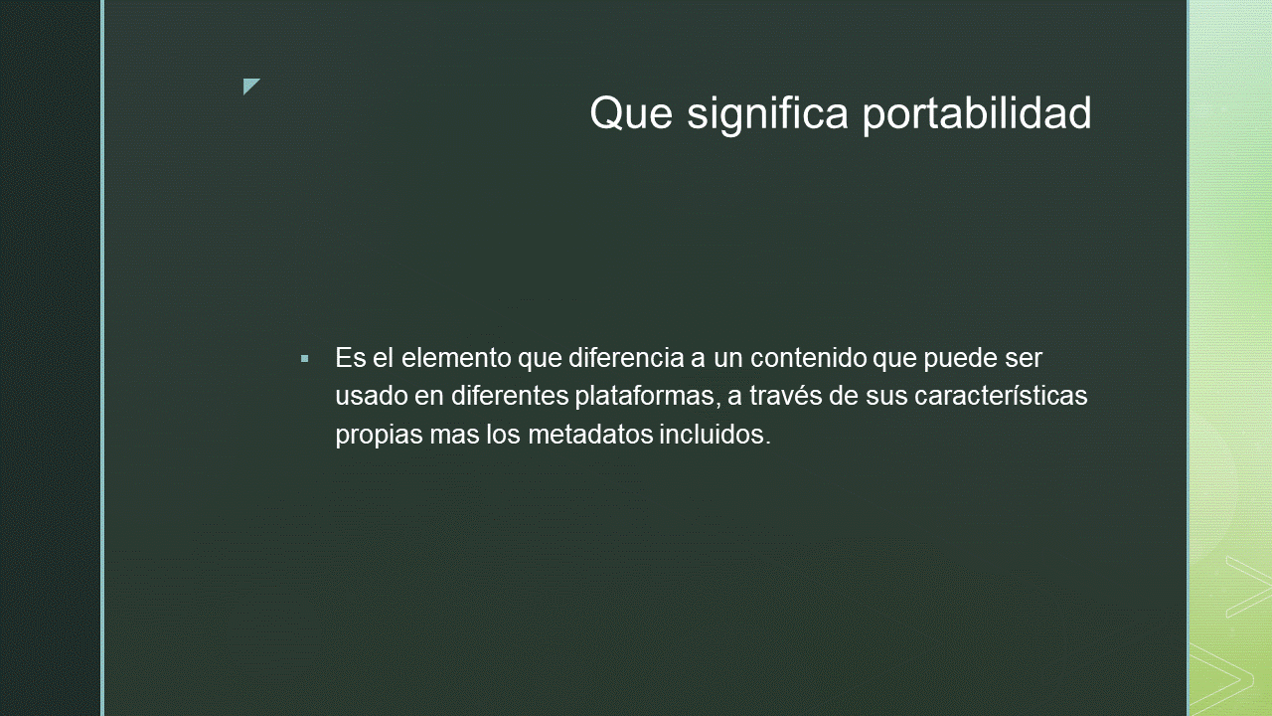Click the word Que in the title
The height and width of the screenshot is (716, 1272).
[631, 113]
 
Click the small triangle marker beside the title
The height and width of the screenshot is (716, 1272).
[251, 87]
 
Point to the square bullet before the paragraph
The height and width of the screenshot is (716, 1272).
[305, 359]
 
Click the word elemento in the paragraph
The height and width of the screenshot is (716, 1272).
[456, 358]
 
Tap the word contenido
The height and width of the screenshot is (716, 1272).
[809, 358]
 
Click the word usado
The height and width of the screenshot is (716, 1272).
[372, 396]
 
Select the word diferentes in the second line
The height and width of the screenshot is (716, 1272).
[510, 396]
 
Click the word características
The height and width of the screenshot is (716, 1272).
[1001, 396]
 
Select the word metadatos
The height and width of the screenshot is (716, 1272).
[590, 435]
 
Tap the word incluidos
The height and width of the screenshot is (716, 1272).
[715, 435]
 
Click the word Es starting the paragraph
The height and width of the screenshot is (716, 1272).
[351, 358]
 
